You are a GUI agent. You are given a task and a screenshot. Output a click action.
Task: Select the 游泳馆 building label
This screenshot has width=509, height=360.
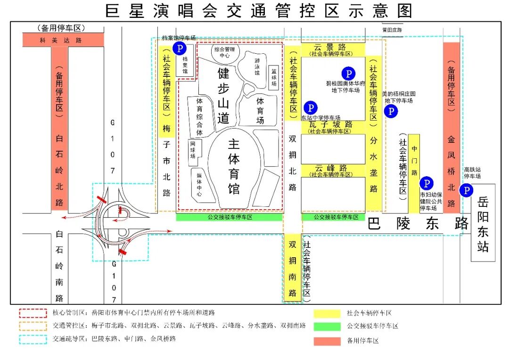tap(257, 66)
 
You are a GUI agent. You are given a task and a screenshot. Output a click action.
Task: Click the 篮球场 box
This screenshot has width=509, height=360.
tap(273, 77)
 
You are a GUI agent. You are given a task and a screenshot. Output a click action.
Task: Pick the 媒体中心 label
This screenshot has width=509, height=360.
tap(199, 184)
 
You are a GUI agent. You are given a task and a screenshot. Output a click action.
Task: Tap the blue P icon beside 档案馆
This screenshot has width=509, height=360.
tap(179, 48)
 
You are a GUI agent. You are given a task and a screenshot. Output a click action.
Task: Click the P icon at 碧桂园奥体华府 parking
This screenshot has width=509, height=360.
tap(348, 74)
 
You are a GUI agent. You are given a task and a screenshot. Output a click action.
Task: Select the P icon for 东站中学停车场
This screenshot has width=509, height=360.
tap(310, 108)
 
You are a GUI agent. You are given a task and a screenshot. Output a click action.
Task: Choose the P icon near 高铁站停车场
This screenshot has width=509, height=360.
tap(466, 190)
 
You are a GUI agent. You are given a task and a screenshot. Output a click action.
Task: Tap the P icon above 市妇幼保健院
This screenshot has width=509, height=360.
tap(426, 183)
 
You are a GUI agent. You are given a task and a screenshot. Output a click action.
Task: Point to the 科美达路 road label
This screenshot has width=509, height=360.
tap(63, 40)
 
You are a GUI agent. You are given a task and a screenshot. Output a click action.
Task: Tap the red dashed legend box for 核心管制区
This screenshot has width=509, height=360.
tap(33, 313)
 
